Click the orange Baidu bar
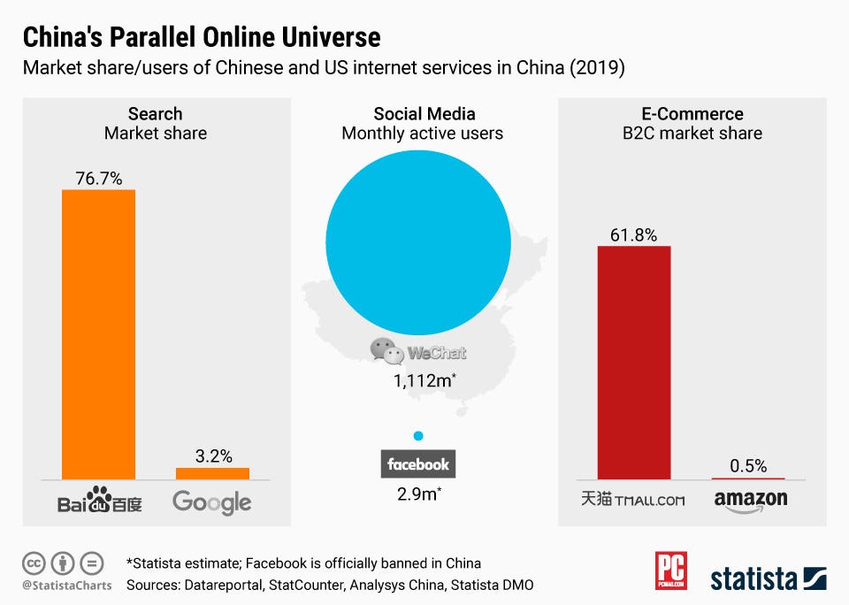click(98, 334)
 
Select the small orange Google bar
click(212, 473)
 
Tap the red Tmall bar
click(634, 362)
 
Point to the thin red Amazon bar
click(748, 478)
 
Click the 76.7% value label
click(98, 179)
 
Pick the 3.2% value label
click(213, 456)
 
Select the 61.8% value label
click(633, 234)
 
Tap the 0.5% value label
click(748, 465)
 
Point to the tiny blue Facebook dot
click(418, 436)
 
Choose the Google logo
click(212, 502)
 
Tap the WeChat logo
click(418, 352)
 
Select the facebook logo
click(419, 464)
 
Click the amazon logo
click(750, 501)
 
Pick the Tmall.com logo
click(633, 500)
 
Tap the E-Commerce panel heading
click(692, 114)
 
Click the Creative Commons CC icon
click(34, 563)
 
